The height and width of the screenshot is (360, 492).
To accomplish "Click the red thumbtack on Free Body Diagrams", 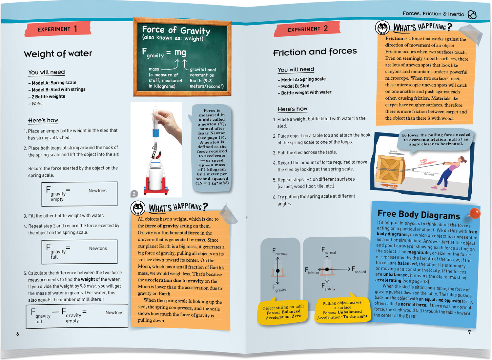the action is tap(474, 213).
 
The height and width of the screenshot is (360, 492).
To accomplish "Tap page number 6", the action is tap(18, 334).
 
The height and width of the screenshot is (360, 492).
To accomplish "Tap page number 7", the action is tap(469, 332).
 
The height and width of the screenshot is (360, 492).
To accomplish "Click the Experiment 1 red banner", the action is tap(58, 29).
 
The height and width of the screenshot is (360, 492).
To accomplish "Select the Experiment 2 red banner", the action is tap(307, 29).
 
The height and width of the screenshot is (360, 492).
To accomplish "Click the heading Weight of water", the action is tap(58, 53).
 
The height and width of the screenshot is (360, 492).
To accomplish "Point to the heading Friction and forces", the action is tap(315, 52).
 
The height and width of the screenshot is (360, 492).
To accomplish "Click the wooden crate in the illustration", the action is tap(391, 170).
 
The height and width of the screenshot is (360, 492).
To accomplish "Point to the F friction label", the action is tap(312, 271).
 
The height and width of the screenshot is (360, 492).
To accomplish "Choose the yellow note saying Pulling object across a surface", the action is tap(342, 309).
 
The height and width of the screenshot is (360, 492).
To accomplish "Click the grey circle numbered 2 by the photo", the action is tap(134, 194).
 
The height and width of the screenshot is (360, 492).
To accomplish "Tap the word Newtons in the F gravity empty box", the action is tap(97, 190).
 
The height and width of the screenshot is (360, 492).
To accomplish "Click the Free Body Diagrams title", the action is tap(419, 214).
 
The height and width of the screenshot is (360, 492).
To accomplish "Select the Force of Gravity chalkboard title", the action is tap(176, 30).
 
